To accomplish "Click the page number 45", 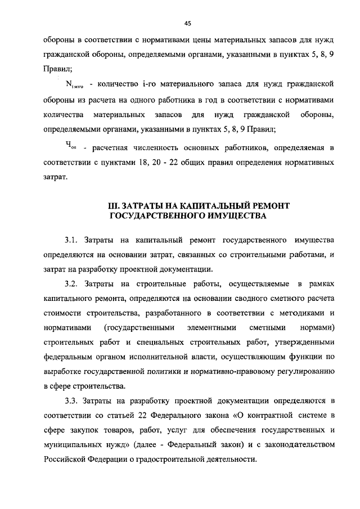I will pos(187,23).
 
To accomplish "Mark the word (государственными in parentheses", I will pos(139,327).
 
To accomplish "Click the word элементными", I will pos(218,327).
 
